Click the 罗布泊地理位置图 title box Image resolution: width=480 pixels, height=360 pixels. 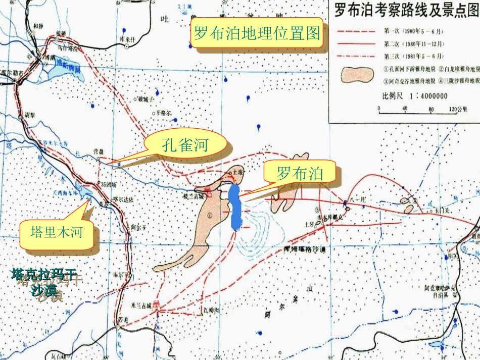(257, 34)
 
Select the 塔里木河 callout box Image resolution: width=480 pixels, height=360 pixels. (56, 233)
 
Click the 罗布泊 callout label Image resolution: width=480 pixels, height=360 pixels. (300, 173)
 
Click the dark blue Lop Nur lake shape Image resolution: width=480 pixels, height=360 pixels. (234, 207)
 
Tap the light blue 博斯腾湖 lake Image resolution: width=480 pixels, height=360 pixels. (65, 71)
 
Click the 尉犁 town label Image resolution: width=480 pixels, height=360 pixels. (28, 114)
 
